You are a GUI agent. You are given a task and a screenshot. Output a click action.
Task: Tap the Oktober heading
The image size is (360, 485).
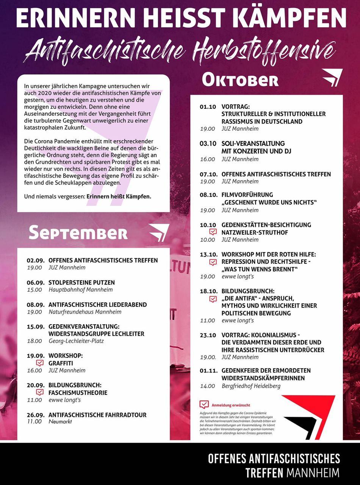240,80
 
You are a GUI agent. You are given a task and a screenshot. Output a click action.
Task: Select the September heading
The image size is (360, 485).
78,233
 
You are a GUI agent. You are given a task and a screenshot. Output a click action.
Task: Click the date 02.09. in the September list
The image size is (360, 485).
36,260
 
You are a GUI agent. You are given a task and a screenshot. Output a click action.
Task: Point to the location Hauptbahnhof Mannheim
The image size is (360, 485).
80,290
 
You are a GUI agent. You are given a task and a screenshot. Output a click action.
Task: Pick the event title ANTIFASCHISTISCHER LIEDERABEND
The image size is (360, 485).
98,305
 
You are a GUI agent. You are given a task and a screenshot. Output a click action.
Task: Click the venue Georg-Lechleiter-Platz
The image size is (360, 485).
76,341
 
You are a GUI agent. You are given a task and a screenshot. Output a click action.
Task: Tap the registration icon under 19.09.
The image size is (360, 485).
40,363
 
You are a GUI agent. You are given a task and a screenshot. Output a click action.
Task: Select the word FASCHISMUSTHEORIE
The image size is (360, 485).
78,393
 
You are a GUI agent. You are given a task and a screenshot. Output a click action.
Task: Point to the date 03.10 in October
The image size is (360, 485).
208,144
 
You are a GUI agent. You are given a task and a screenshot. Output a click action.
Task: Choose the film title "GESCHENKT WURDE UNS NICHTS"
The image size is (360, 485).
269,202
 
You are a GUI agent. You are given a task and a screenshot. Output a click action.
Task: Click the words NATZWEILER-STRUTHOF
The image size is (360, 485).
255,232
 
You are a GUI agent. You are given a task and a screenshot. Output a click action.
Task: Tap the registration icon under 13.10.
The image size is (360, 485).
213,262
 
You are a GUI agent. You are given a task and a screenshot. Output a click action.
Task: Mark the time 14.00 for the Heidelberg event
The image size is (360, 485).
208,386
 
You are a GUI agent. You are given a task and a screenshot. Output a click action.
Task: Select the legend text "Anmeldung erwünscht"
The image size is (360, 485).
231,405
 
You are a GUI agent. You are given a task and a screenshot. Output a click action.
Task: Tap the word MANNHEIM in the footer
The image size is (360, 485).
313,473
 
